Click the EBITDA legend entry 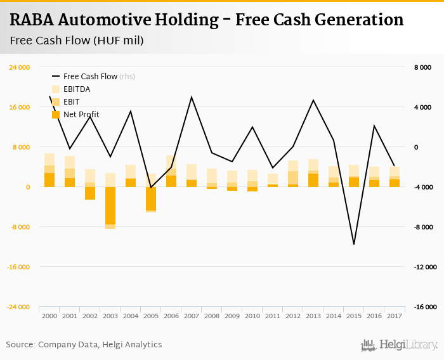coord(77,89)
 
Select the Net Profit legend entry coord(81,115)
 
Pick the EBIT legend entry coord(71,102)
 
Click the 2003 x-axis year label coord(110,316)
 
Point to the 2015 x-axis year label coord(354,316)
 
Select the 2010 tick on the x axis coord(252,316)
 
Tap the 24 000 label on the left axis coord(19,67)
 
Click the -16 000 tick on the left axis coord(18,267)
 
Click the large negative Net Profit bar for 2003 coord(110,205)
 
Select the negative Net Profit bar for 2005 coord(151,198)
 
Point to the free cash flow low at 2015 coord(354,244)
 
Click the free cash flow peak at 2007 coord(192,97)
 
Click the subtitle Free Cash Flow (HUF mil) coord(76,41)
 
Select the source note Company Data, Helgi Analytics coord(100,344)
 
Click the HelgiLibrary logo coord(400,345)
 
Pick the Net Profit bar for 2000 coord(49,180)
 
